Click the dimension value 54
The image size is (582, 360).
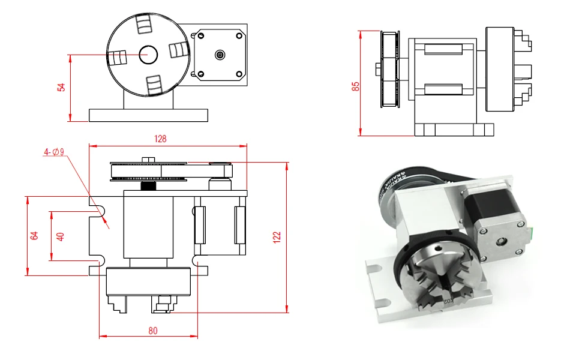(61, 88)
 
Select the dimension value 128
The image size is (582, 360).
(160, 139)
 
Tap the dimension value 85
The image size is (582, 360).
(355, 86)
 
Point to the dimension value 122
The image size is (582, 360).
(277, 237)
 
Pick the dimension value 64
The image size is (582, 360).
(34, 236)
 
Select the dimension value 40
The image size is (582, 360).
(60, 236)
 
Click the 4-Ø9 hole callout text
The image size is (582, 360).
(54, 152)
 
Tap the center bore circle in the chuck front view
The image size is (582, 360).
(148, 55)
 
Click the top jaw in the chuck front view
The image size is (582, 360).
(144, 25)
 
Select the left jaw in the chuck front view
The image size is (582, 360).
(117, 59)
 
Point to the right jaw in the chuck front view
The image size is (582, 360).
(178, 49)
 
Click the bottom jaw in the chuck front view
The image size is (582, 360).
(154, 85)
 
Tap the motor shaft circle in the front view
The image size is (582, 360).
(220, 55)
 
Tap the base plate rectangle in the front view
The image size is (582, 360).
(148, 115)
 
